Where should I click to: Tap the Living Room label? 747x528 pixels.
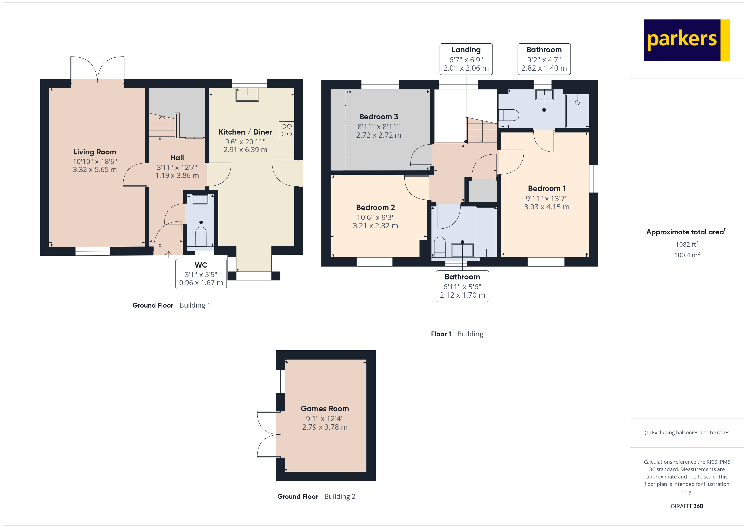95,152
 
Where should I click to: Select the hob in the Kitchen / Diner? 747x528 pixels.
286,130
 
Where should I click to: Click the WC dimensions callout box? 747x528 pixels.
201,274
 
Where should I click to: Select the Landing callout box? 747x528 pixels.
466,59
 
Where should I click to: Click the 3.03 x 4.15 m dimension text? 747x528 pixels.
546,207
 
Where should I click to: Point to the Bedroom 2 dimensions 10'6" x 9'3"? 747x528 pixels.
375,217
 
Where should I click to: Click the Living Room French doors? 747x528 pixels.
97,69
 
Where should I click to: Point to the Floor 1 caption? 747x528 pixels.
441,334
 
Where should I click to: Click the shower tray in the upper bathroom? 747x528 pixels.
577,111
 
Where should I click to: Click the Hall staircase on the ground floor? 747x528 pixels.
162,125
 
